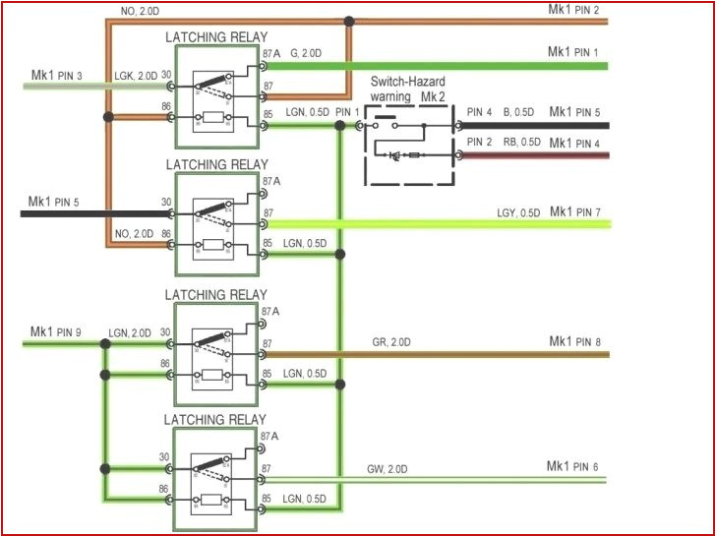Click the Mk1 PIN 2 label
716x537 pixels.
pyautogui.click(x=574, y=9)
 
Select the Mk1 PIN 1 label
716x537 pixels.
pyautogui.click(x=574, y=51)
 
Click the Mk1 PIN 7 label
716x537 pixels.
pyautogui.click(x=574, y=212)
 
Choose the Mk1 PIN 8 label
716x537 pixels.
pyautogui.click(x=574, y=341)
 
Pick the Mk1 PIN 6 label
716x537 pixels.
pyautogui.click(x=572, y=466)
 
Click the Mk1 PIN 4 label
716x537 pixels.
pyautogui.click(x=574, y=144)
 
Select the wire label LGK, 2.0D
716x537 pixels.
pyautogui.click(x=134, y=76)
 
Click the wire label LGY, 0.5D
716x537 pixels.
pyautogui.click(x=518, y=213)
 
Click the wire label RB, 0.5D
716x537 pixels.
pyautogui.click(x=522, y=143)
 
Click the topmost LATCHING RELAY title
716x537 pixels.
pyautogui.click(x=215, y=37)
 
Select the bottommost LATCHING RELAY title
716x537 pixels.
pyautogui.click(x=215, y=420)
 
